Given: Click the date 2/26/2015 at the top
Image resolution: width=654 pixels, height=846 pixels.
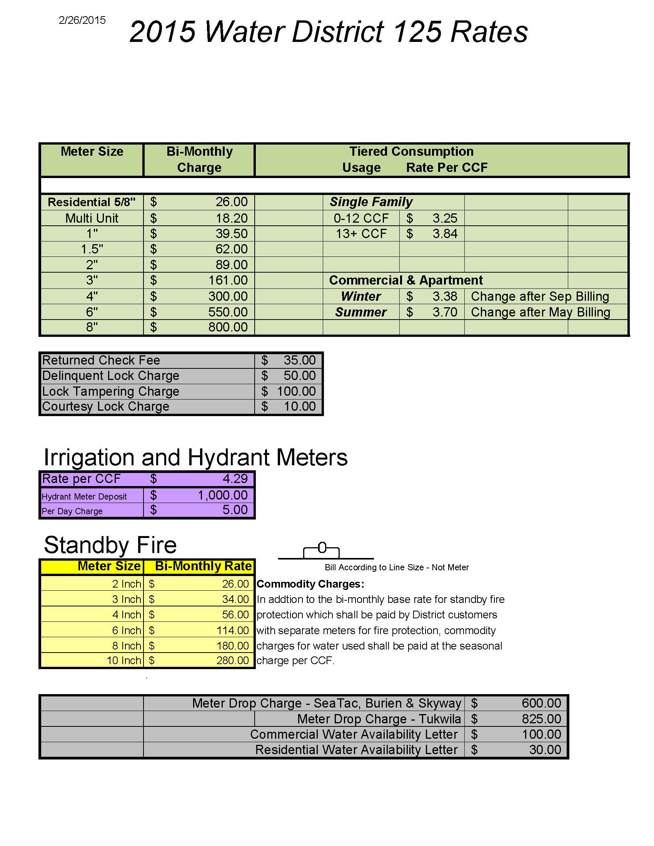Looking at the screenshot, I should point(82,20).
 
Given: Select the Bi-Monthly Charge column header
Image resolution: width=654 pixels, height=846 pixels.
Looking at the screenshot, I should point(199,159).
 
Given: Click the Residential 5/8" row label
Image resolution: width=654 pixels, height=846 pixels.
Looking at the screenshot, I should point(92,202).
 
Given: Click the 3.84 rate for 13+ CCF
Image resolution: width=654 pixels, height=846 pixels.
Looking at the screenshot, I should point(445,233).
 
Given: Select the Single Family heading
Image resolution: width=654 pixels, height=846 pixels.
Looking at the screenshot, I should point(371,202).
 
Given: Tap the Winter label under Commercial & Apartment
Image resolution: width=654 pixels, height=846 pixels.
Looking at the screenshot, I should point(361,296).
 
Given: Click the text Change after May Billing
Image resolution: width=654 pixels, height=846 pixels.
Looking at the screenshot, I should point(540,312).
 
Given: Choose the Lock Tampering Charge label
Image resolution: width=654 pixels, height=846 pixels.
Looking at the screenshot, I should point(110,391).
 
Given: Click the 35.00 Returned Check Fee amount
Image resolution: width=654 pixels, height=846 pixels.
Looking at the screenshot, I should point(299,360).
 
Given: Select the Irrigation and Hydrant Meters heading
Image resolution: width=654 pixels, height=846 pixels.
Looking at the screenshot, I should point(196,457).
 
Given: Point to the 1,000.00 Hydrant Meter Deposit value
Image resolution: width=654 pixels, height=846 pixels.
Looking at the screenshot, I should point(222,495).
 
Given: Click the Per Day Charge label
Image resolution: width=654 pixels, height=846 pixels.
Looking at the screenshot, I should point(72,511).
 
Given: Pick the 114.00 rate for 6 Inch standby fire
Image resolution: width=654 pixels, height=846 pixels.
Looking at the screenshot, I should point(232,630).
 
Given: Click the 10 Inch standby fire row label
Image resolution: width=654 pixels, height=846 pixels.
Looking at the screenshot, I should point(123,660).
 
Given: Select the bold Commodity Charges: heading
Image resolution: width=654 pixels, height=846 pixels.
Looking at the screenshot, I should point(310,584).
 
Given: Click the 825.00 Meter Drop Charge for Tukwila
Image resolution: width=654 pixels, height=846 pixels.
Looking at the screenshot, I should point(541,719).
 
